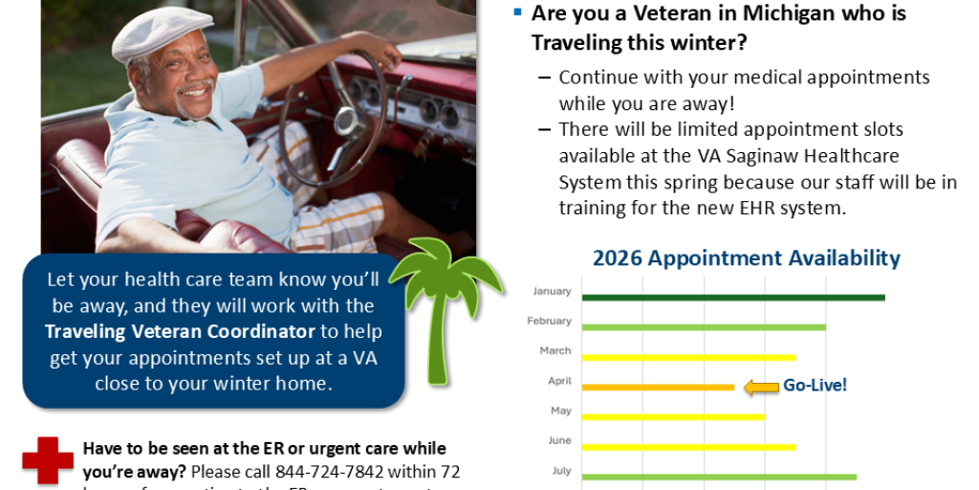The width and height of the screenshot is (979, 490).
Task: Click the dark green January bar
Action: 733,298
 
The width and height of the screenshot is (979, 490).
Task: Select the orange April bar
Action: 658,387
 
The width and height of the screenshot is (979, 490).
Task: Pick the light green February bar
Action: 704,327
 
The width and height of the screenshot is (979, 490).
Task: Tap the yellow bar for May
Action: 673,416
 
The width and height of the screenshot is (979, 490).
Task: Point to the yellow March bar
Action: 688,357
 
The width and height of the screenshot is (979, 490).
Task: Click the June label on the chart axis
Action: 559,440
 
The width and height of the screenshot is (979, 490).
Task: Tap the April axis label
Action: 559,381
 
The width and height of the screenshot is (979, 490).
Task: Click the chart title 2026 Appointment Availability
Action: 746,257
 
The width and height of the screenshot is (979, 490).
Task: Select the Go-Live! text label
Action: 816,386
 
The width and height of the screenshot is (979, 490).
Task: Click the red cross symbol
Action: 48,460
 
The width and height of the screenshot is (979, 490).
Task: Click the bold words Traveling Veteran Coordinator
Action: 180,332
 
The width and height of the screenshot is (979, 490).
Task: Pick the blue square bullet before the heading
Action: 517,12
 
